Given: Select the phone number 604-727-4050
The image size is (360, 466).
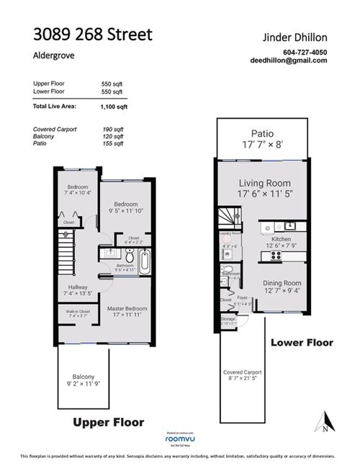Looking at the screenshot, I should pyautogui.click(x=305, y=51).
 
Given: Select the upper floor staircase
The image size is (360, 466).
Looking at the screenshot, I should pyautogui.click(x=68, y=258).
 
